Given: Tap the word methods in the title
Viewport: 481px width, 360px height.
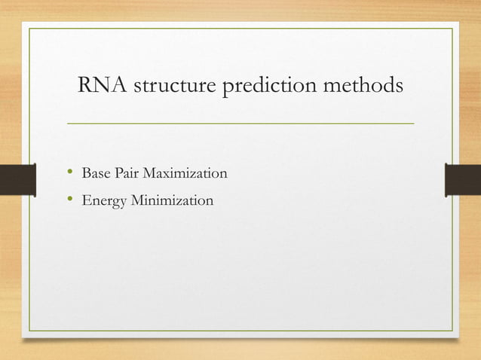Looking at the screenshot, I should [366, 87].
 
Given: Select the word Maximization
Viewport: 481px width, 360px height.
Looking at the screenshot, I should [185, 174].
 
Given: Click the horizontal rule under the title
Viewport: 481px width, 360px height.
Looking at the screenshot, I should [240, 122].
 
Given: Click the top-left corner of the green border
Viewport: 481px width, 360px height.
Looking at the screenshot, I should [29, 29].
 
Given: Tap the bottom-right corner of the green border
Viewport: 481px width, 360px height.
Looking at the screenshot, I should [452, 331].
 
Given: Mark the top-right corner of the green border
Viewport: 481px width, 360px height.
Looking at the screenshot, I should [452, 29].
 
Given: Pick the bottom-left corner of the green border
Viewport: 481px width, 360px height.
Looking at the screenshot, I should [29, 331].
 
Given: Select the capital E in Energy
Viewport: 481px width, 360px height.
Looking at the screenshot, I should [85, 201].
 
